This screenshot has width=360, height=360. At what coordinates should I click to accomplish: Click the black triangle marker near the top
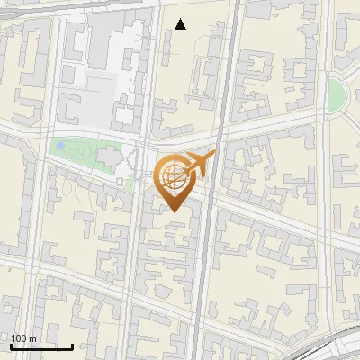pyautogui.click(x=181, y=24)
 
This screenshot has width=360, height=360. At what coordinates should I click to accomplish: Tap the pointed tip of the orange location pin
pyautogui.click(x=174, y=211)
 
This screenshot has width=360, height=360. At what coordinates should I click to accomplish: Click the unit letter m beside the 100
pyautogui.click(x=33, y=338)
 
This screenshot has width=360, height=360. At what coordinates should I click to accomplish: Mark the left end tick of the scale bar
pyautogui.click(x=11, y=346)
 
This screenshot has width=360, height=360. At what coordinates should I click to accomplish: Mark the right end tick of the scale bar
pyautogui.click(x=73, y=346)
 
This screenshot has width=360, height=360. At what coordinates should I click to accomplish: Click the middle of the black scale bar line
pyautogui.click(x=41, y=347)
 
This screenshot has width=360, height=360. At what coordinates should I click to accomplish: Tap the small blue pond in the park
pyautogui.click(x=59, y=145)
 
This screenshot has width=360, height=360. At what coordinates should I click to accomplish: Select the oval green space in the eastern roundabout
pyautogui.click(x=336, y=91)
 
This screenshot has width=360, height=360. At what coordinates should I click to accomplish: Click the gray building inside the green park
pyautogui.click(x=108, y=157)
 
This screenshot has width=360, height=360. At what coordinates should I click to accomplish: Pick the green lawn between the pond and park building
pyautogui.click(x=81, y=153)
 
